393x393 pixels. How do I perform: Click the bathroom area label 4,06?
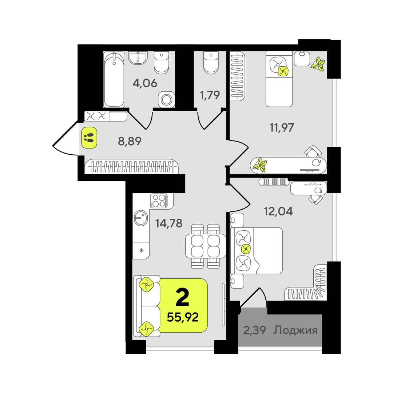point(145,83)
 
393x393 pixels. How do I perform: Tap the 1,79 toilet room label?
point(210,95)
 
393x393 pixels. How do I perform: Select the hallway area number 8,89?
point(130,141)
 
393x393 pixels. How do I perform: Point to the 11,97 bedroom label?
point(282,128)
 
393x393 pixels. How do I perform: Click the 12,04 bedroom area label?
point(278,211)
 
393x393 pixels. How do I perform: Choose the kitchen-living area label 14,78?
point(169,223)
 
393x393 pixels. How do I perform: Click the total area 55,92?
point(183,317)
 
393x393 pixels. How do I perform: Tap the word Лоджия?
point(295,330)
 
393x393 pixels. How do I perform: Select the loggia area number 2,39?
point(254,330)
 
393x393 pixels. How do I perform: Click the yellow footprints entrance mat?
point(89,138)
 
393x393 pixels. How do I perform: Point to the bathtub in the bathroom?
point(114,79)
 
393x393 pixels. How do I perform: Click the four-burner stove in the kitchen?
point(159,201)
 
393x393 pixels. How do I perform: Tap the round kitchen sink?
point(141,218)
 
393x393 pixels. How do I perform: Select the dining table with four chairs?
point(206,246)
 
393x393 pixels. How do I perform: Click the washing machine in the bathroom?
point(166,99)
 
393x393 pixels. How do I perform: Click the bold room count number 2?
point(182,297)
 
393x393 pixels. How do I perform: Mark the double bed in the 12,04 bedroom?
point(257,251)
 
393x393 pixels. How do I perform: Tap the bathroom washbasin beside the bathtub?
point(138,57)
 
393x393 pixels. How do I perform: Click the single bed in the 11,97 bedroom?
point(279,79)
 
